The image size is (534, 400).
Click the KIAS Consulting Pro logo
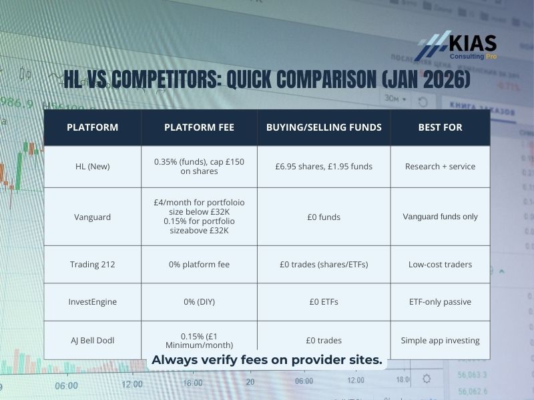pyautogui.click(x=457, y=47)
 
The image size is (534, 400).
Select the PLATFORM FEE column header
pyautogui.click(x=199, y=127)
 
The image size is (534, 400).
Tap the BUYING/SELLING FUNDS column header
pyautogui.click(x=324, y=127)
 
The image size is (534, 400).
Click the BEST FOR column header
pyautogui.click(x=440, y=127)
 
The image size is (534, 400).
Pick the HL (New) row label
pyautogui.click(x=92, y=166)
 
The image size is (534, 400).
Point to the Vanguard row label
pyautogui.click(x=92, y=216)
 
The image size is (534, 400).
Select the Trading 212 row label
pyautogui.click(x=92, y=264)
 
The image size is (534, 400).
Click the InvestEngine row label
pyautogui.click(x=92, y=301)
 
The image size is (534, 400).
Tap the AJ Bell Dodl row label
pyautogui.click(x=92, y=340)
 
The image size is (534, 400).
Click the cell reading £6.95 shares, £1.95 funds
pyautogui.click(x=324, y=166)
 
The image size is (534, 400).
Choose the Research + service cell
pyautogui.click(x=440, y=166)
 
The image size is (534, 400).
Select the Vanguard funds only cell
pyautogui.click(x=440, y=216)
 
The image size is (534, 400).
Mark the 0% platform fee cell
pyautogui.click(x=199, y=264)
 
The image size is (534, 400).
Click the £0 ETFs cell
pyautogui.click(x=324, y=301)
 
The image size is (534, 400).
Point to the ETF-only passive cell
pyautogui.click(x=440, y=301)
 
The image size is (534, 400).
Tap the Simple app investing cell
pyautogui.click(x=440, y=340)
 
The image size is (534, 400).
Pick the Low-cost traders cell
pyautogui.click(x=440, y=264)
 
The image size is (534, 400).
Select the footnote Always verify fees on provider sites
pyautogui.click(x=267, y=361)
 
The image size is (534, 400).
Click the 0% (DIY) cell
pyautogui.click(x=199, y=301)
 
